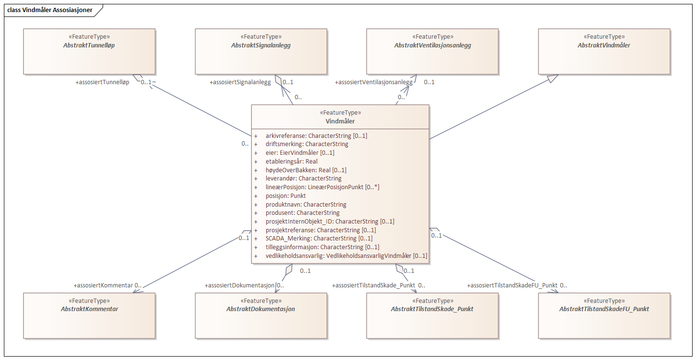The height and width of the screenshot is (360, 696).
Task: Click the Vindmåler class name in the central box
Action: tap(340, 121)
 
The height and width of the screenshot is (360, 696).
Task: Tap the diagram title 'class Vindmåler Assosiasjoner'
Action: tap(50, 10)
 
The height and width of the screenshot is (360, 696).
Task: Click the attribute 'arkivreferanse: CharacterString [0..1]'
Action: tap(316, 136)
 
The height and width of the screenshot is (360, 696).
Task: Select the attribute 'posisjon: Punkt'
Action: tap(286, 196)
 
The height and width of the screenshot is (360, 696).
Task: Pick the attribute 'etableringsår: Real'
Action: tap(291, 162)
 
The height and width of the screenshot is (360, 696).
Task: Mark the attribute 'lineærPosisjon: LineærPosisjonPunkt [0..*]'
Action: tap(322, 187)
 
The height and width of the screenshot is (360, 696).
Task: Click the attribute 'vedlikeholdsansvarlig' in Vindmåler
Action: tap(346, 255)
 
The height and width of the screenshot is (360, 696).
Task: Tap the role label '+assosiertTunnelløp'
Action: tap(102, 82)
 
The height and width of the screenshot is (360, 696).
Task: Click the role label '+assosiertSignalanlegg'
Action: tap(240, 82)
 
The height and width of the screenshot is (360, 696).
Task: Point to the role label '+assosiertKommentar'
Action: tap(103, 285)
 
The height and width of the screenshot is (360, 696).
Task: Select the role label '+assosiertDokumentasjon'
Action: tap(240, 285)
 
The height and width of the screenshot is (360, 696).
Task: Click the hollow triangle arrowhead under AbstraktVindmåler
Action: tap(553, 79)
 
